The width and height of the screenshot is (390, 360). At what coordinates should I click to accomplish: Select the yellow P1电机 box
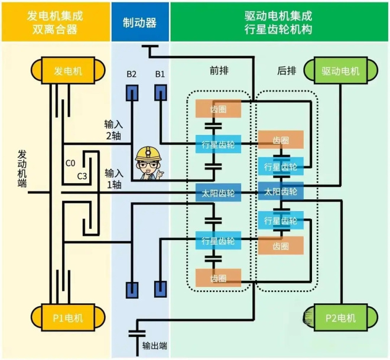point(68,318)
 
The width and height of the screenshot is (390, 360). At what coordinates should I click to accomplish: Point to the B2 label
point(131,74)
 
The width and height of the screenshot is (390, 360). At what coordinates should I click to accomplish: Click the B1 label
point(160,74)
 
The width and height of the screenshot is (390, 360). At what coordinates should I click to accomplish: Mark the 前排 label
point(219,70)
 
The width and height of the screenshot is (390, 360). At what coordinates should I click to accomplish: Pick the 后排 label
point(287,70)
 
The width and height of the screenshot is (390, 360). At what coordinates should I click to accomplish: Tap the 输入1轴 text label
point(113,179)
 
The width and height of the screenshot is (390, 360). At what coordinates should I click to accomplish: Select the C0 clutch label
point(70,163)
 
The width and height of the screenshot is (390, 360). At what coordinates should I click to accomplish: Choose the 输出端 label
point(155,345)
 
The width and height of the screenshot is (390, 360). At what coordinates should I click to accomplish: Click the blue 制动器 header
point(139,22)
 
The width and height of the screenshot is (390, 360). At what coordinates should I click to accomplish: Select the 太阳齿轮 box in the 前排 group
point(218,192)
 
